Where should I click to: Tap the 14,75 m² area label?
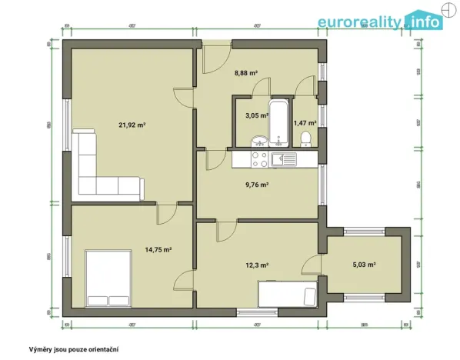click(x=158, y=249)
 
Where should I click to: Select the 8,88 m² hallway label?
click(x=245, y=75)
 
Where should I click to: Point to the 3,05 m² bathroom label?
click(x=255, y=115)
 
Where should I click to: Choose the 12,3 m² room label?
click(x=256, y=265)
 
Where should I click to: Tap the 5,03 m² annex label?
click(x=364, y=265)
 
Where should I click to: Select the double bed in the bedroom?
click(x=108, y=278)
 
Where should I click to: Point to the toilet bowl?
click(x=306, y=138)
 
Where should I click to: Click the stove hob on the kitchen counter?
click(x=256, y=159)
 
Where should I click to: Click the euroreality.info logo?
click(x=381, y=21)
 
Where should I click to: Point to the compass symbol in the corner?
click(x=448, y=10)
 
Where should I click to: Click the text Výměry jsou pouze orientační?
click(x=73, y=348)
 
